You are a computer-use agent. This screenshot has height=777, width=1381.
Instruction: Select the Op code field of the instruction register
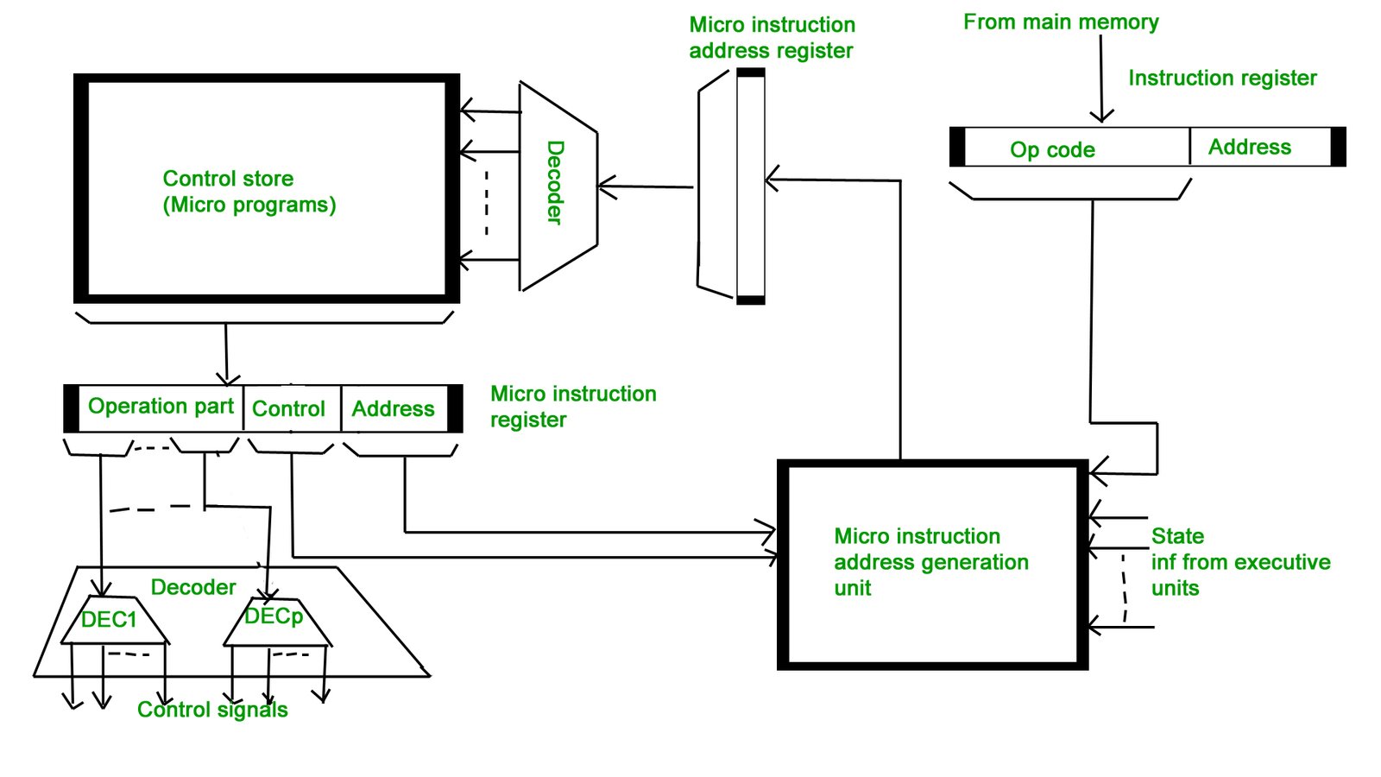point(1052,149)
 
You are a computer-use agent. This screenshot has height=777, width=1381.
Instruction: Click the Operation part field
point(161,407)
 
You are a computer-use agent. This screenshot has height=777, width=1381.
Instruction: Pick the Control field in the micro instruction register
point(288,408)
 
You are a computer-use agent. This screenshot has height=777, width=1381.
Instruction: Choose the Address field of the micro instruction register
point(393,408)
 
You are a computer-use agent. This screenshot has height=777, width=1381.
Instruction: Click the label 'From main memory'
point(1061,22)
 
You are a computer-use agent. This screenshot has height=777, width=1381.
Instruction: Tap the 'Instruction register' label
point(1222,79)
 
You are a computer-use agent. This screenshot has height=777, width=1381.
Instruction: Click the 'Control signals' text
point(212,710)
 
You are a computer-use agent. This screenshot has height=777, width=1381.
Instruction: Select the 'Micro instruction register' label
point(572,407)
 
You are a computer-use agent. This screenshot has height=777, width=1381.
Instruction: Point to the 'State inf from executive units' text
point(1239,562)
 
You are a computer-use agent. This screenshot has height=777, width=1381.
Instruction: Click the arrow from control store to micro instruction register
point(226,354)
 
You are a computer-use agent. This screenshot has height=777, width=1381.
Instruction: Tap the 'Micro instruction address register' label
point(772,38)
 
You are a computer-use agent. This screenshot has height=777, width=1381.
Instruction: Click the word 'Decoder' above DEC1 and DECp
point(193,587)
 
